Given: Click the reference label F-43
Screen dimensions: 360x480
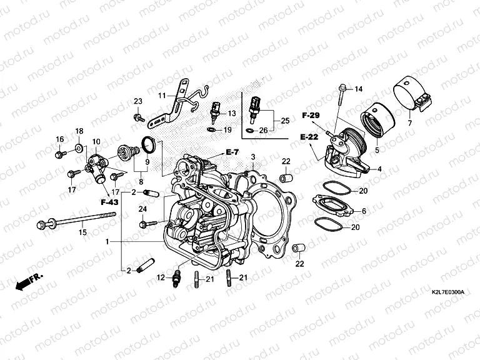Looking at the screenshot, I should [109, 202].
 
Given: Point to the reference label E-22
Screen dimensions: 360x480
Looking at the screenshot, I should [310, 136].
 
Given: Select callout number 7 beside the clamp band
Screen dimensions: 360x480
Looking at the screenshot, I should [409, 122].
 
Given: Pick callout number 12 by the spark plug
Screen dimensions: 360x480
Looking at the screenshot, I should [161, 277].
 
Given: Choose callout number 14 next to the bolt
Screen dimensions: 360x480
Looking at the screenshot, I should [358, 89].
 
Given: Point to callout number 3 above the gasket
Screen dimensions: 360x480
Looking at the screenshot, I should [254, 156].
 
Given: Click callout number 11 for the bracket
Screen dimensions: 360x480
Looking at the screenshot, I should [161, 95].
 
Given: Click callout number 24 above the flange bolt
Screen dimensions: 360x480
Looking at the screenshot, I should [142, 209].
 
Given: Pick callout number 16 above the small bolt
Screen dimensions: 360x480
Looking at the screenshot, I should [60, 139].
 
